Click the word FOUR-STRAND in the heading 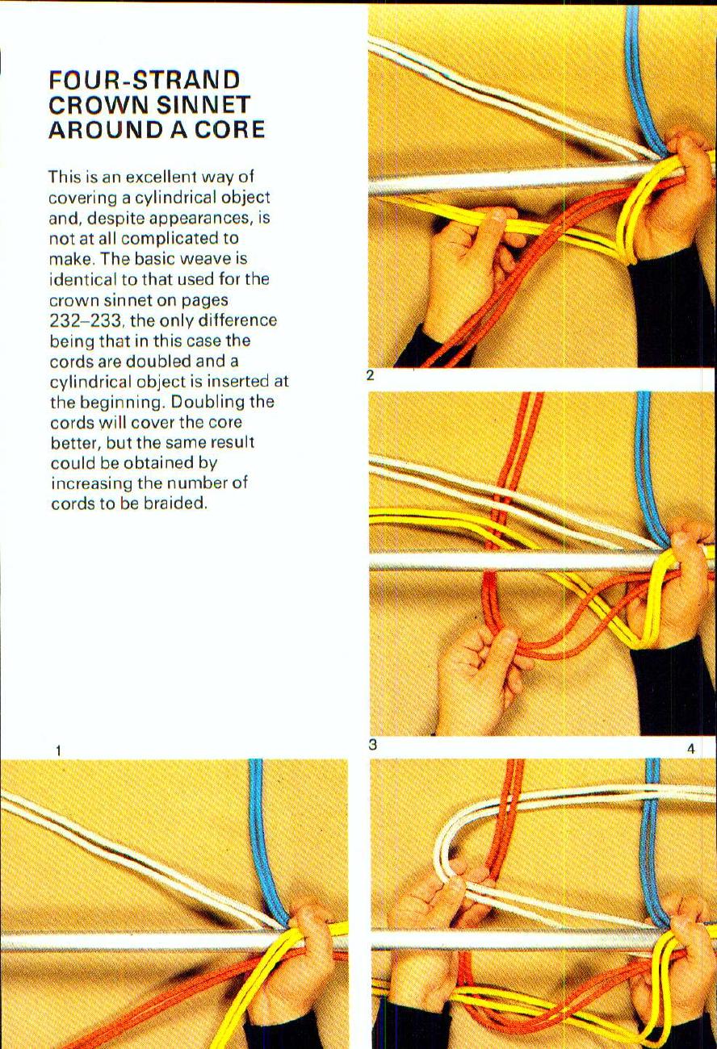[145, 81]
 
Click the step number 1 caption [58, 751]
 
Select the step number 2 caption [370, 375]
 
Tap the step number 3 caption [372, 745]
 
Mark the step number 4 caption [690, 750]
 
